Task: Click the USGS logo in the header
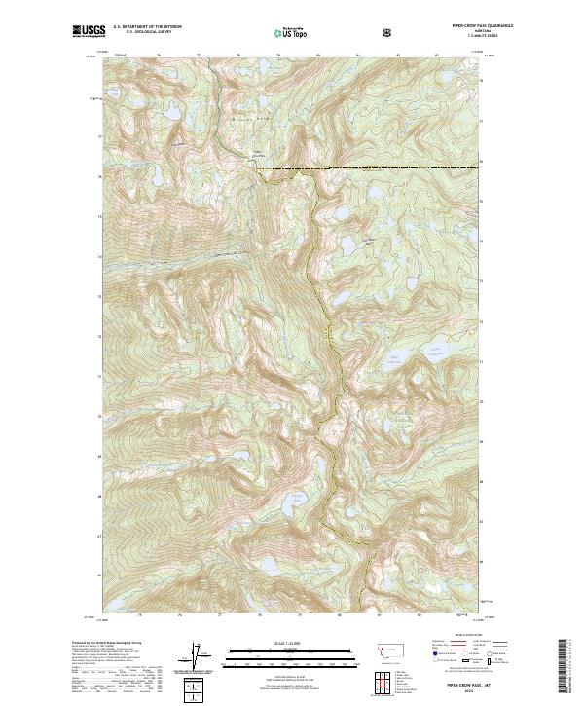pos(88,32)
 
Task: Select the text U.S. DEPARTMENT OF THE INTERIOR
pos(148,28)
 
